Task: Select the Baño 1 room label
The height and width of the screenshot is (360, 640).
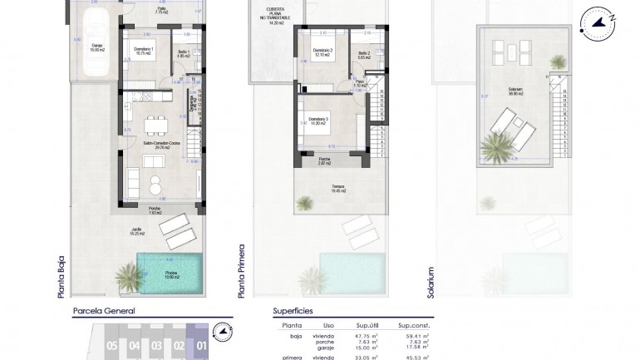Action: (184, 55)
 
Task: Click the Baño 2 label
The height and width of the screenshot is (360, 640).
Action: (363, 55)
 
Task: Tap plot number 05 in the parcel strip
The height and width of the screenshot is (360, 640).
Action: (111, 344)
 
